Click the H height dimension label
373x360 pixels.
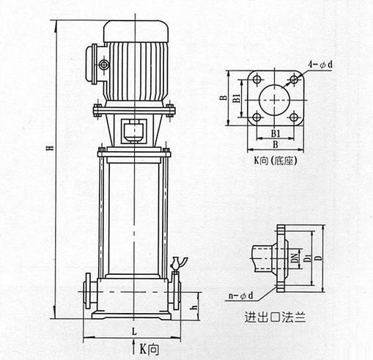(x=51, y=148)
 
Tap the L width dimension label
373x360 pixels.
(x=134, y=331)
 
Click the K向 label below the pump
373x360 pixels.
(x=149, y=348)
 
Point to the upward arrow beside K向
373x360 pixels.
(x=133, y=347)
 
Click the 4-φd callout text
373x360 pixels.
(x=320, y=65)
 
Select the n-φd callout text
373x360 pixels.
(x=241, y=295)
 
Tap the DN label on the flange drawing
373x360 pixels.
(x=295, y=258)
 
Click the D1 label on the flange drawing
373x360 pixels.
(x=309, y=258)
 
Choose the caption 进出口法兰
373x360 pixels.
(x=276, y=317)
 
